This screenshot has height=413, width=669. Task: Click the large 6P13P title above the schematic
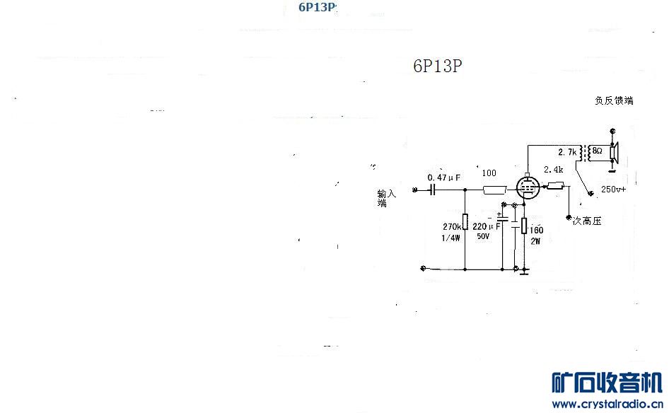[438, 65]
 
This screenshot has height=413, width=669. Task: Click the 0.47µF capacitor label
[444, 178]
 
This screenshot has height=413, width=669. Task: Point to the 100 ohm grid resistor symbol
[493, 190]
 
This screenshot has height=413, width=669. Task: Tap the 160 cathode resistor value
[536, 230]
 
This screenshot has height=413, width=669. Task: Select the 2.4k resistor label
[552, 170]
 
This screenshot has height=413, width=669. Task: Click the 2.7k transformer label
[568, 152]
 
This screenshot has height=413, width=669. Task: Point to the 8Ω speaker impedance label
[597, 151]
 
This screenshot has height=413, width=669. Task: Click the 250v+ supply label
[613, 190]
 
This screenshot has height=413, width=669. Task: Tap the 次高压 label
[586, 221]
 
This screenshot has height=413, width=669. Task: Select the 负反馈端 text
[614, 100]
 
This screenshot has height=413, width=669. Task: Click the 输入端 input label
[386, 198]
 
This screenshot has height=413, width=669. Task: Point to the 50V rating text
[482, 237]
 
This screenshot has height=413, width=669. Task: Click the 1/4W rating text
[450, 238]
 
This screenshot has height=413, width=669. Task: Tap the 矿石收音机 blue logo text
[607, 383]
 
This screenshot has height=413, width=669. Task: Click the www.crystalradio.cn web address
[607, 404]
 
